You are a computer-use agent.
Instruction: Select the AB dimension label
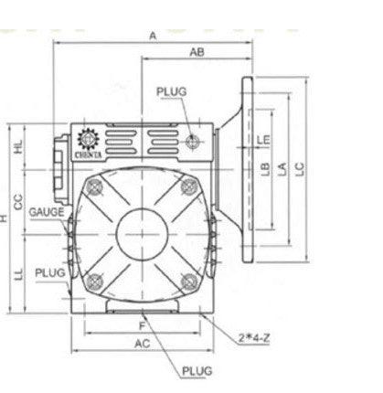195,53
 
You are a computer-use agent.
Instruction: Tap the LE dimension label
264,139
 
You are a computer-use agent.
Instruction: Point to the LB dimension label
264,167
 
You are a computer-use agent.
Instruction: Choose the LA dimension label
282,167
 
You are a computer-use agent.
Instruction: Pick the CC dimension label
17,198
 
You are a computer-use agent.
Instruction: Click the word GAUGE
46,211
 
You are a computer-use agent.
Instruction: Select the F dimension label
143,324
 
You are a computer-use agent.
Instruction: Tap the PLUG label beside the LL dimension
49,272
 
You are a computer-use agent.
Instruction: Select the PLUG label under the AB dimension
171,91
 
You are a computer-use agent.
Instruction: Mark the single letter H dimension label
5,218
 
